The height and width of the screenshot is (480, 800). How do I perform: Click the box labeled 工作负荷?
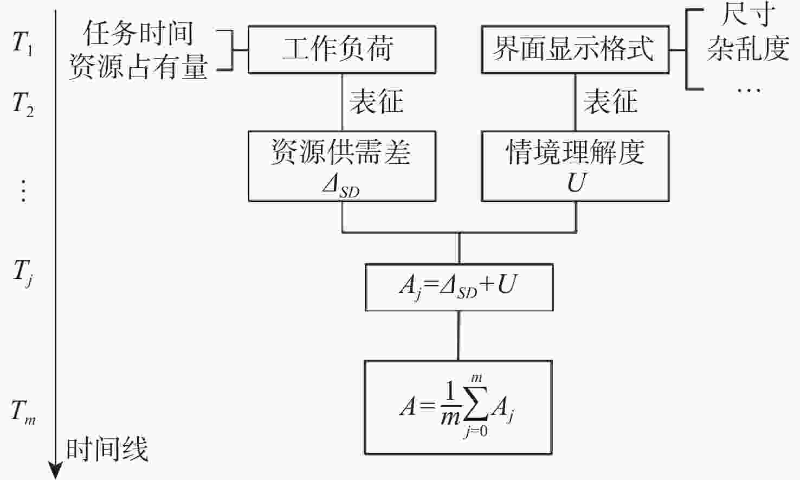tap(341, 49)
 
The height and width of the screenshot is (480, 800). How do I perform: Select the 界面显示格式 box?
tap(575, 49)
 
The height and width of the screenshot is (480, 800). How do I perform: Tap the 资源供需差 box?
tap(341, 166)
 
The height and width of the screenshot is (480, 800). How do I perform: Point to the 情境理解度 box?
tap(575, 166)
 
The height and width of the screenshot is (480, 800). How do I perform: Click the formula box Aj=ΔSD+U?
tap(459, 287)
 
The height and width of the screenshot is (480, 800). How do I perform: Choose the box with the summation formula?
tap(459, 407)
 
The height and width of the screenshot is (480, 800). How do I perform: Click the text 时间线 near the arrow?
tap(107, 450)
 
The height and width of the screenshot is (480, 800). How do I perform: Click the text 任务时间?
tap(138, 34)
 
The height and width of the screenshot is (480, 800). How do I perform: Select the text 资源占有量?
tap(138, 67)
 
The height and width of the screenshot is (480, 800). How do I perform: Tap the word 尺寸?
tap(748, 15)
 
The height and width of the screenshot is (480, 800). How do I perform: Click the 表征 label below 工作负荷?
tap(376, 101)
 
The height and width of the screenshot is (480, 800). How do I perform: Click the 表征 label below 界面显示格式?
tap(610, 101)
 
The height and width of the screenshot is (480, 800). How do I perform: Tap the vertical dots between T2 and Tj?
tap(23, 190)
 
